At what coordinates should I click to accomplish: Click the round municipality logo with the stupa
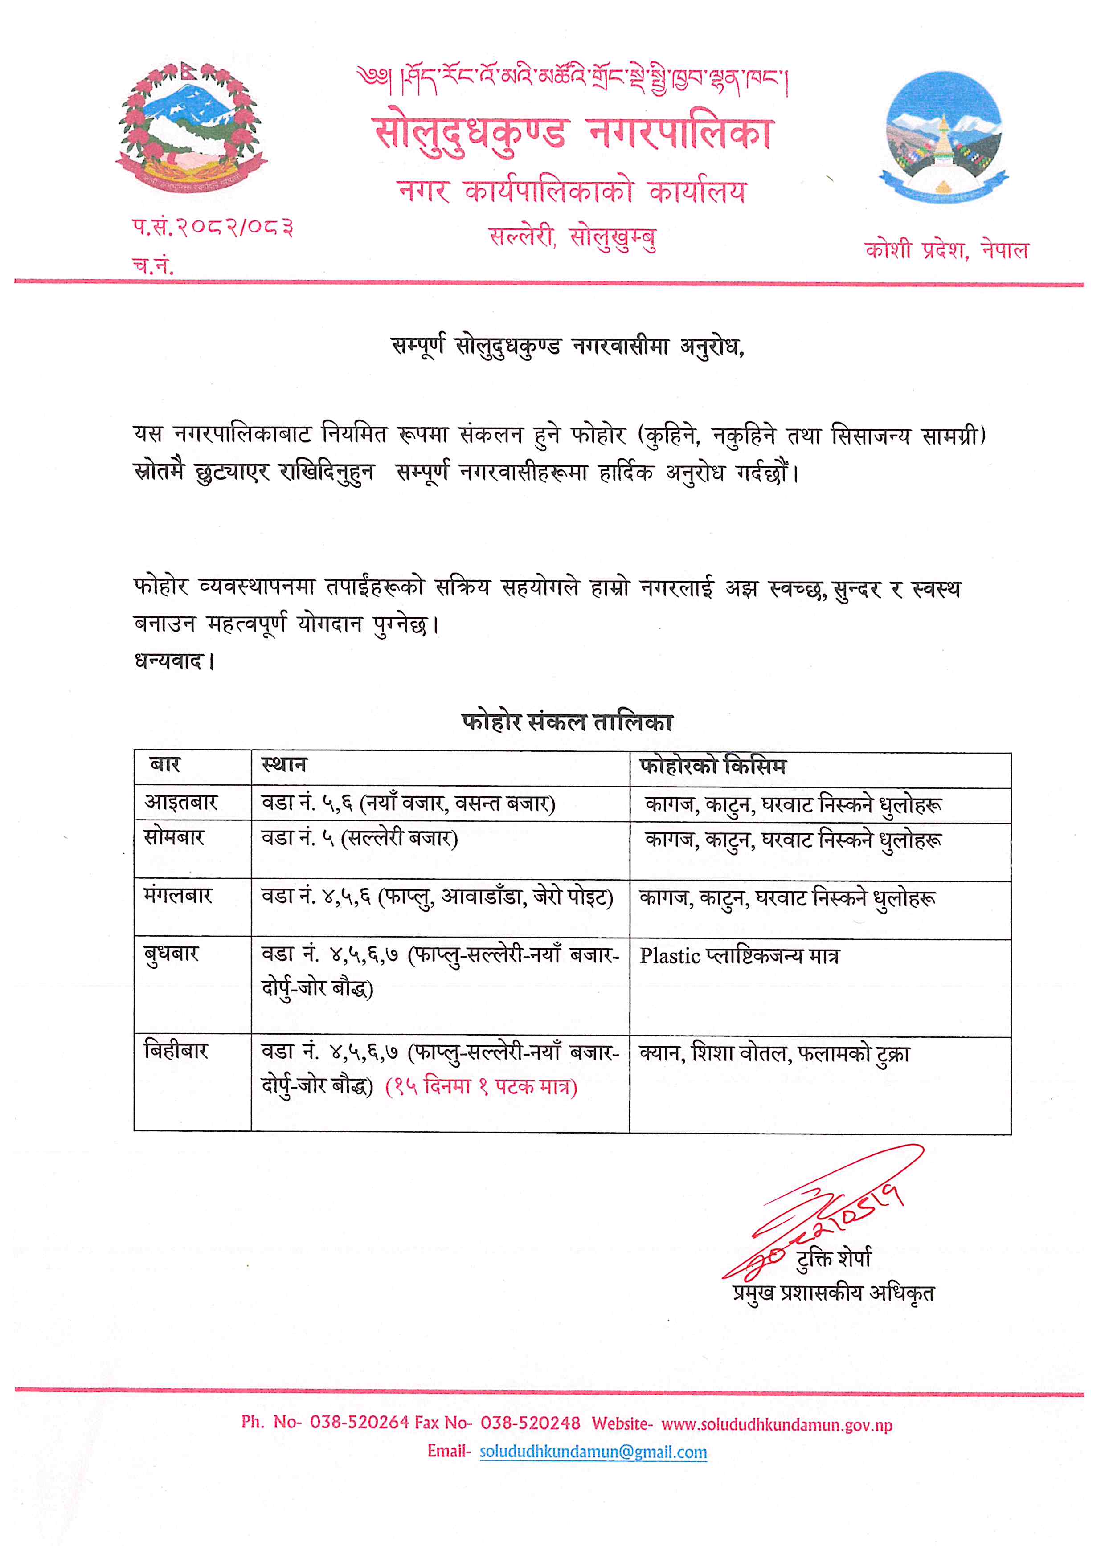tap(944, 136)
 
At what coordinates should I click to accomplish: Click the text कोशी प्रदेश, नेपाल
tap(946, 250)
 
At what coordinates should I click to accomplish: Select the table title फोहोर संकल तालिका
tap(566, 722)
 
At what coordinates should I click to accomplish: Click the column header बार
tap(165, 765)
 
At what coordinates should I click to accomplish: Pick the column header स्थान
tap(284, 765)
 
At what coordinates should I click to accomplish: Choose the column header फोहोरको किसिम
tap(712, 766)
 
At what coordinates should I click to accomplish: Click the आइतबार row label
tap(180, 802)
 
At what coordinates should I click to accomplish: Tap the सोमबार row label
tap(174, 837)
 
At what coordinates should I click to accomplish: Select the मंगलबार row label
tap(178, 896)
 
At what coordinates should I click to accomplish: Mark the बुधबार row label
tap(172, 954)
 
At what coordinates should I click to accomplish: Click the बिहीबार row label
tap(176, 1052)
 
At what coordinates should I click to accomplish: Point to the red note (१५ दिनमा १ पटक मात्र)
tap(481, 1086)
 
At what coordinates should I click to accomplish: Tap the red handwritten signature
tap(823, 1218)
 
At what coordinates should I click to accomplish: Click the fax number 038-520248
tap(530, 1423)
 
